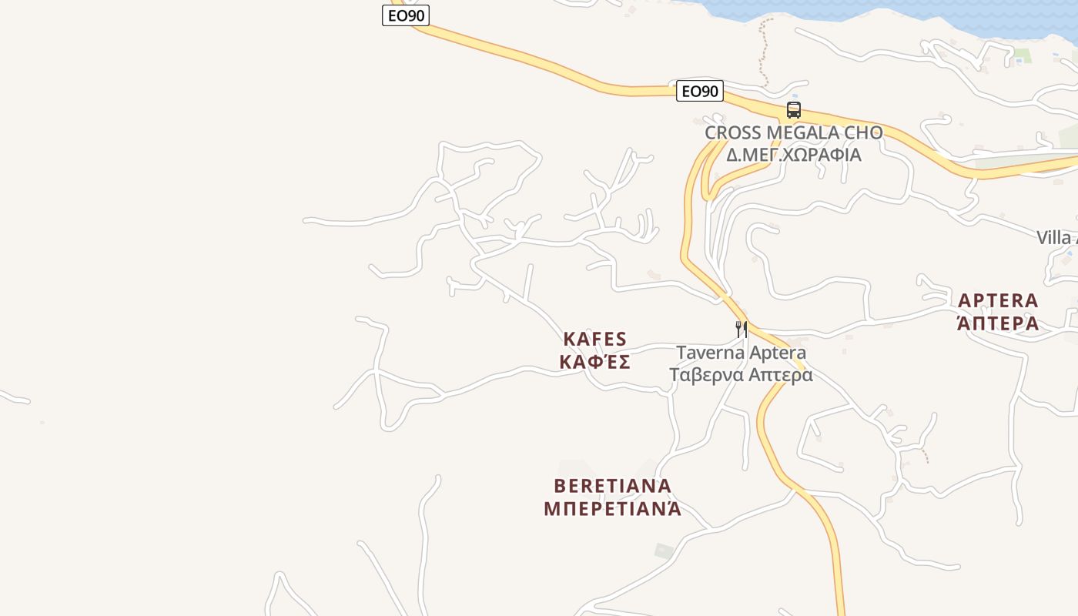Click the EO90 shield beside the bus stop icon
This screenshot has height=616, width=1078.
point(700,92)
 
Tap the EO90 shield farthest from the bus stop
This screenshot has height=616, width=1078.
point(405,15)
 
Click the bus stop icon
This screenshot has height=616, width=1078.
point(794,110)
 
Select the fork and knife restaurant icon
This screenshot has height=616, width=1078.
point(741,330)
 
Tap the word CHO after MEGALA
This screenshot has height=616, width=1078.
point(864,132)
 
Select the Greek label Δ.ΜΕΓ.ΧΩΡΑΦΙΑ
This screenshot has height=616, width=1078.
point(793,154)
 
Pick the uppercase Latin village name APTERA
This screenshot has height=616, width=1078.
point(998,300)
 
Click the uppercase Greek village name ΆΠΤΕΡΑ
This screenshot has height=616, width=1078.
point(998,323)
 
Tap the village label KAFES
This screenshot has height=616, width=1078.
point(595,339)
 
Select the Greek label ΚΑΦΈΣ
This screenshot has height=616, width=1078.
point(595,361)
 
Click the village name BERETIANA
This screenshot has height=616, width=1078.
point(613,486)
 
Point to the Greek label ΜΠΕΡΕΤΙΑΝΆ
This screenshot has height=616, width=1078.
point(613,508)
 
